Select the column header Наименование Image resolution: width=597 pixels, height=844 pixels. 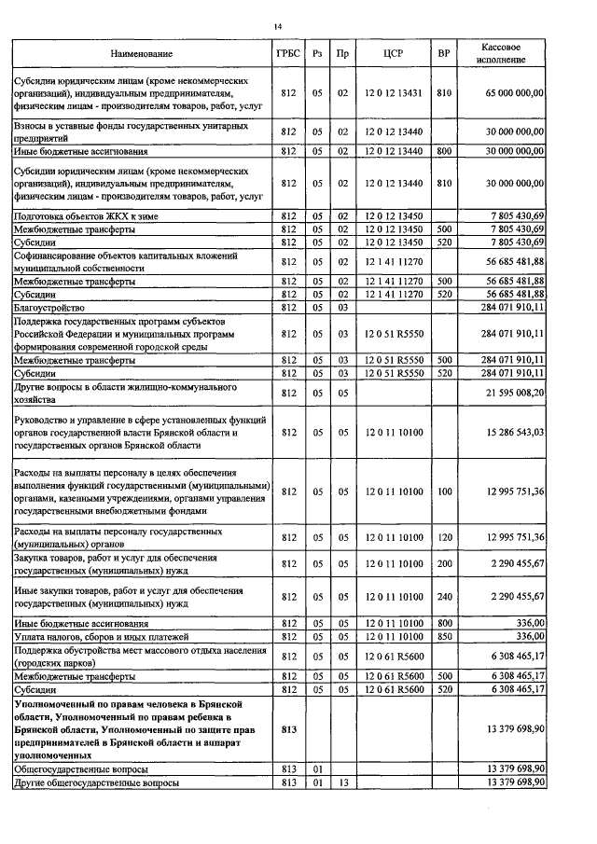tap(142, 54)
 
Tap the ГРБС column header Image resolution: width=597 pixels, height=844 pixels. tap(287, 54)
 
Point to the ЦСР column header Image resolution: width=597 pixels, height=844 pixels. tap(393, 54)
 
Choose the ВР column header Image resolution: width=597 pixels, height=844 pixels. tap(444, 54)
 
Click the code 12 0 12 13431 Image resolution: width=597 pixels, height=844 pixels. tap(393, 94)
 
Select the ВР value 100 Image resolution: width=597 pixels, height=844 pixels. tap(444, 491)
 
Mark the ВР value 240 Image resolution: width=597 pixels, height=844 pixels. tap(444, 596)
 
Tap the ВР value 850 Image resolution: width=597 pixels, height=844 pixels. tap(444, 636)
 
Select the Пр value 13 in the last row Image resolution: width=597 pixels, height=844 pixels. tap(342, 782)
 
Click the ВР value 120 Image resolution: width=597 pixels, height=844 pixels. tap(444, 537)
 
